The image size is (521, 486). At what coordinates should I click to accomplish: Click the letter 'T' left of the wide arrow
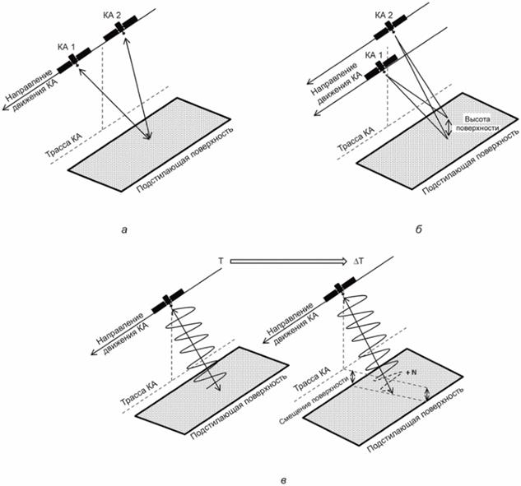click(x=220, y=260)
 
